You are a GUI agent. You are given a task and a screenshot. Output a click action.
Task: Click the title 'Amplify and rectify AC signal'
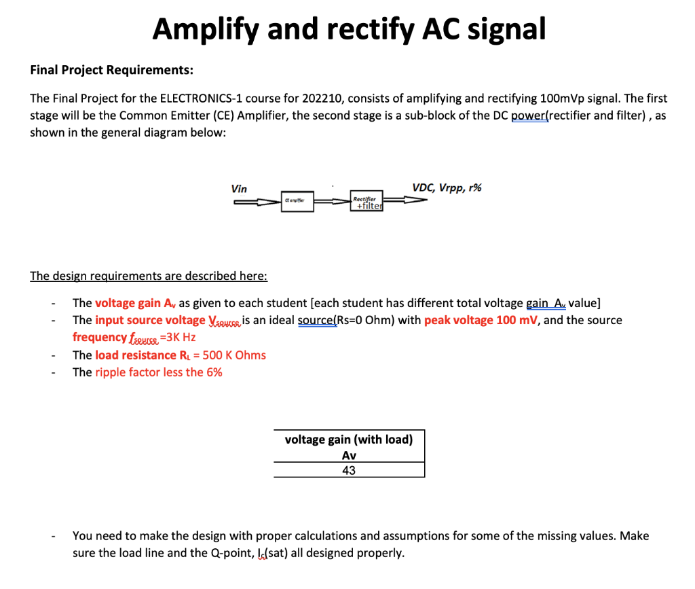(x=349, y=29)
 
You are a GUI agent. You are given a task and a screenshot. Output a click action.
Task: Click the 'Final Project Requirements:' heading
(x=112, y=70)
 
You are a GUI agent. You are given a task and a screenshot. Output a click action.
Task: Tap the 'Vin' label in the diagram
(x=239, y=189)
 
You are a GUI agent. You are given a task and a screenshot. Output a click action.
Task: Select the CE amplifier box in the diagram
(x=298, y=202)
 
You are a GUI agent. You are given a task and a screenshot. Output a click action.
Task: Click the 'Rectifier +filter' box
(x=367, y=202)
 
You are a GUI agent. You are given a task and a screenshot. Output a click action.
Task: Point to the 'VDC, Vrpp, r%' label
(x=446, y=188)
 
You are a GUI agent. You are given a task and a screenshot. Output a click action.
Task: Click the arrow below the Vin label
(x=257, y=201)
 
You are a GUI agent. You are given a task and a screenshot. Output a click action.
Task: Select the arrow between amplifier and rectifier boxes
(x=332, y=202)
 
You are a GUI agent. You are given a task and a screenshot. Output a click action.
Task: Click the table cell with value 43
(x=349, y=470)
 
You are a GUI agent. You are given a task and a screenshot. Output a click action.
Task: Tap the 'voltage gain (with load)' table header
(x=349, y=440)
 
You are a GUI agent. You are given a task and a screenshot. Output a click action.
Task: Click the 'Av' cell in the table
(x=349, y=456)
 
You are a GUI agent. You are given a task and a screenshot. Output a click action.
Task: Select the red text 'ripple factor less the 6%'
(x=159, y=372)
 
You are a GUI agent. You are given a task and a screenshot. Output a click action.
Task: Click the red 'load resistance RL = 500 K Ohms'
(x=181, y=355)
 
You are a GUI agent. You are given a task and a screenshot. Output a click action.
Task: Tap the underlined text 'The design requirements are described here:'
(x=149, y=276)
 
